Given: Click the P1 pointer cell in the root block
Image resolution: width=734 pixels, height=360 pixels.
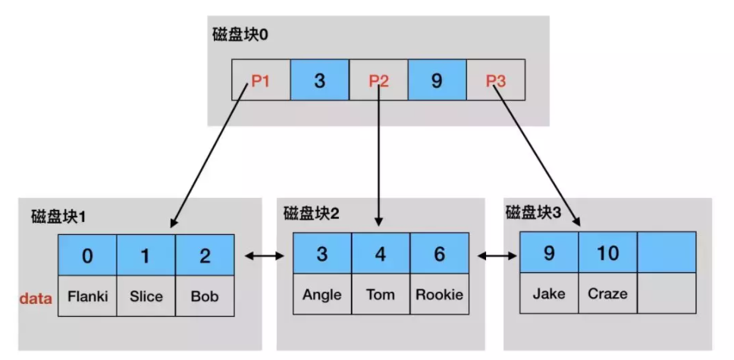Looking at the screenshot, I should tap(260, 80).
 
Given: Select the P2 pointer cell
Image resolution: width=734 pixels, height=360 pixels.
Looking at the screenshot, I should tap(378, 80).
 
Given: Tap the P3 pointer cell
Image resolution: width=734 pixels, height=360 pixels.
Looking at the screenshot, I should tap(495, 80).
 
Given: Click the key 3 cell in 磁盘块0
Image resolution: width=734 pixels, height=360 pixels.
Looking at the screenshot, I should tap(319, 80).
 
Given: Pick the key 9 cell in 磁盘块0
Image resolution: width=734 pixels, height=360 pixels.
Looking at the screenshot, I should tap(436, 80).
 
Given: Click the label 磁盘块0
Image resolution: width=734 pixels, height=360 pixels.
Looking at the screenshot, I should tap(239, 36).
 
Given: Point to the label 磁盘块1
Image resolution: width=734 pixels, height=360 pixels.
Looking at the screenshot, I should tap(58, 217).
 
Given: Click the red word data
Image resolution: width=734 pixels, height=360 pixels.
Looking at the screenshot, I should tap(35, 298).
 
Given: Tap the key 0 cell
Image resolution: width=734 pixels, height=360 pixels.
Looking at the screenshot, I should tap(87, 255).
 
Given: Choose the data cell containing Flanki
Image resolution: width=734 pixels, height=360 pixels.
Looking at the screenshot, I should tap(87, 296).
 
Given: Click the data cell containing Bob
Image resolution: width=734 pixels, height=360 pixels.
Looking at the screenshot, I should tap(205, 296).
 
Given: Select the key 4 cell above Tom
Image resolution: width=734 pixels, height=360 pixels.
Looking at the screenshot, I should tap(381, 253).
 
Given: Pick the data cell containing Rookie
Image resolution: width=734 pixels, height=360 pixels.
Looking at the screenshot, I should tap(439, 295).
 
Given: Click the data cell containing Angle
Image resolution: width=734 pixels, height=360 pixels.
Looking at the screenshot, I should tap(322, 295).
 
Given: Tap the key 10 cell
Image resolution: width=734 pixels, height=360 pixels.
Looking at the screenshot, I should tap(607, 252).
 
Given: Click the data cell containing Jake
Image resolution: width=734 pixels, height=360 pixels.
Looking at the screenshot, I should tap(548, 293).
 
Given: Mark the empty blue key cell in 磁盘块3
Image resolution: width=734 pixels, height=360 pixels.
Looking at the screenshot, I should tap(667, 252).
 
